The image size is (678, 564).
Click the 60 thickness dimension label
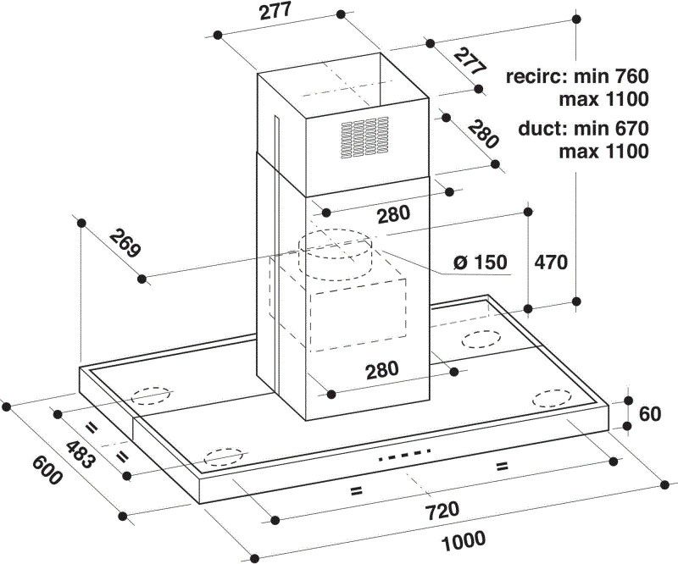click(x=650, y=414)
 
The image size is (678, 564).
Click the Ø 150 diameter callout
click(x=481, y=262)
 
